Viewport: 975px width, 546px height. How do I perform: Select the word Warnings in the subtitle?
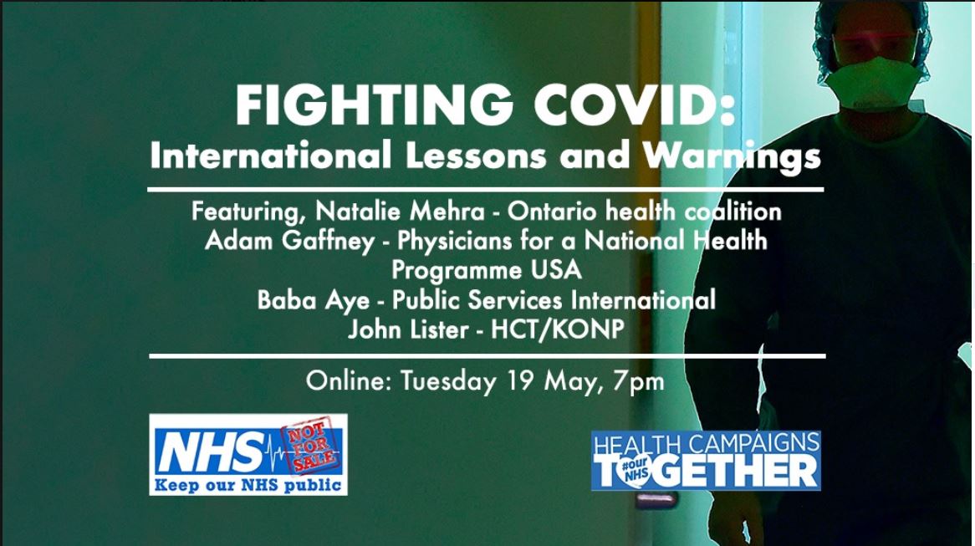733,156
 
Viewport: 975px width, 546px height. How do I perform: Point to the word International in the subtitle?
270,156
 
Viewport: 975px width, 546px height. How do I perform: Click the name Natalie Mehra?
400,212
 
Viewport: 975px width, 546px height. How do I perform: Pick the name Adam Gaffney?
290,241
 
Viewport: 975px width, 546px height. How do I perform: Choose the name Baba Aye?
314,300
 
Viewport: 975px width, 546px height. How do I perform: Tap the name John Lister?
408,329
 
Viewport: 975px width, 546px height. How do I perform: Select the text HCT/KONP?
558,329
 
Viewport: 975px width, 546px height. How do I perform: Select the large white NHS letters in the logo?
212,452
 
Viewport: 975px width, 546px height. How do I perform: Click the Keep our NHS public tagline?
248,485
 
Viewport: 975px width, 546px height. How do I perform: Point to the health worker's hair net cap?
870,25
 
